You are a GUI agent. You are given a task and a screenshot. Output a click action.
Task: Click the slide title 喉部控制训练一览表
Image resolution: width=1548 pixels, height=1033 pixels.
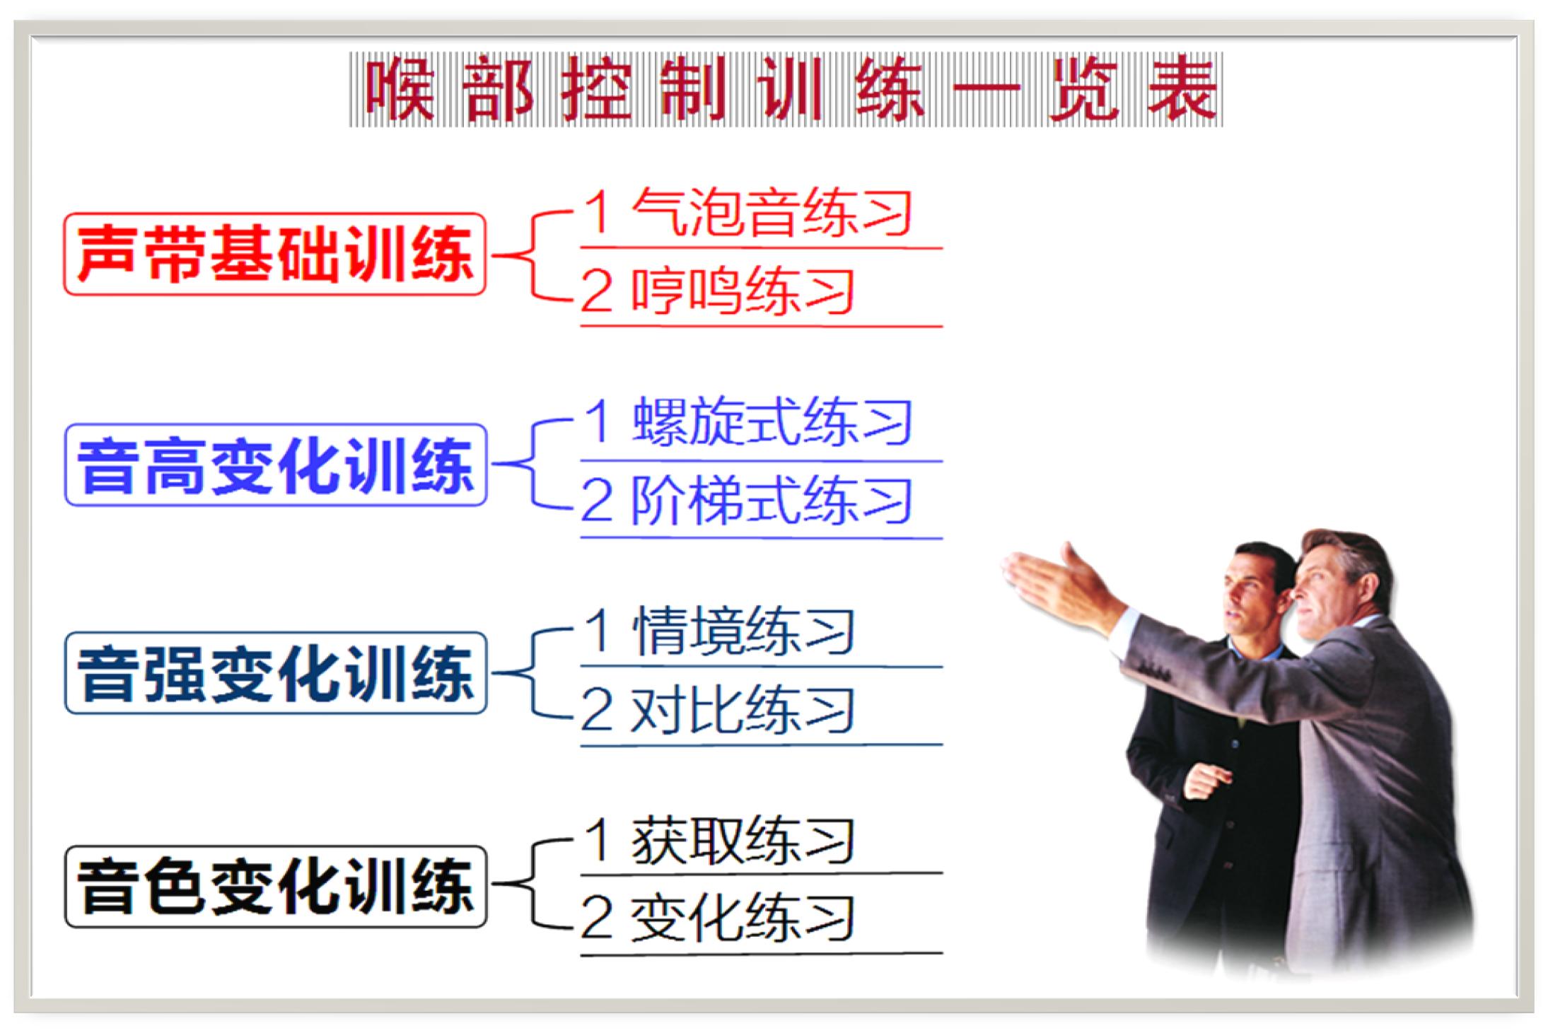coord(785,90)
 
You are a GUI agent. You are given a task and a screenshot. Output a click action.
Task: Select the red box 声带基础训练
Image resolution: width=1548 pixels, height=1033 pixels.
coord(275,254)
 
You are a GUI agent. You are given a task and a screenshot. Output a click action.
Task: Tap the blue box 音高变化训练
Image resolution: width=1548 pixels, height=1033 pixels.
coord(275,465)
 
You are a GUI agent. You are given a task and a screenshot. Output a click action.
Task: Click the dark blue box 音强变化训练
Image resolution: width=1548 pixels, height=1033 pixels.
coord(275,672)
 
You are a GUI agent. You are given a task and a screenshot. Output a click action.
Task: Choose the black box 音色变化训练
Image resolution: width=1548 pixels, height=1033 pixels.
coord(275,886)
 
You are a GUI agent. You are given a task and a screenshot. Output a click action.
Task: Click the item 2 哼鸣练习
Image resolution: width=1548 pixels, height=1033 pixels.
coord(718,291)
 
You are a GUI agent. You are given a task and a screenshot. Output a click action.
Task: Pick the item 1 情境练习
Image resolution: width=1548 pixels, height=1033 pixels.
coord(718,631)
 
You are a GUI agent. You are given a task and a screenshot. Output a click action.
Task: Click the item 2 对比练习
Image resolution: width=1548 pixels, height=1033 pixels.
coord(718,709)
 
